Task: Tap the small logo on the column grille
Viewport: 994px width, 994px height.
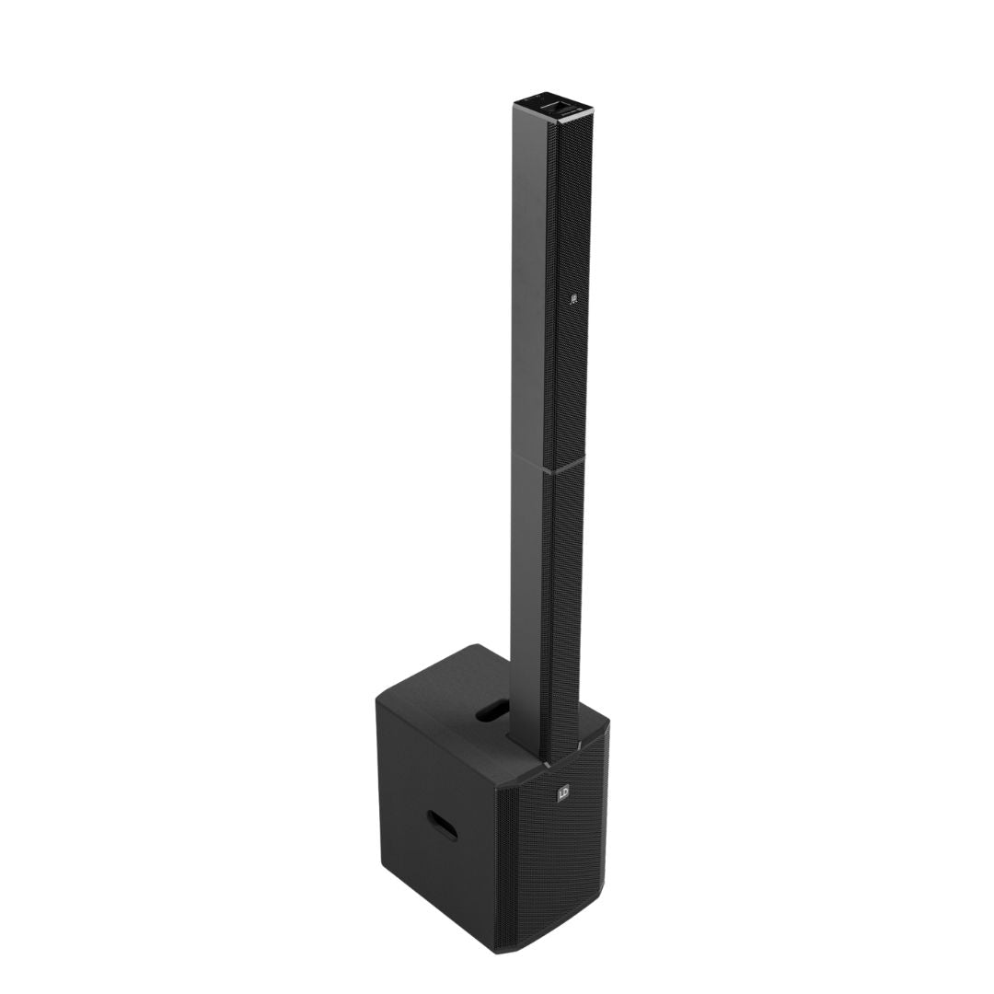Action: pyautogui.click(x=572, y=298)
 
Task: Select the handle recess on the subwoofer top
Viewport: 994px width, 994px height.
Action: pyautogui.click(x=494, y=710)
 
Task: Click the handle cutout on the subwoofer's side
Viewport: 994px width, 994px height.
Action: pyautogui.click(x=443, y=825)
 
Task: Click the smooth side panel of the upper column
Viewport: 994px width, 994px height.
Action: pyautogui.click(x=530, y=276)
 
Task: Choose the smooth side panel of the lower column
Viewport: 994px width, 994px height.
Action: pyautogui.click(x=527, y=598)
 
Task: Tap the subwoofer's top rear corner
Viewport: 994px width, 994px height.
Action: pyautogui.click(x=477, y=646)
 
